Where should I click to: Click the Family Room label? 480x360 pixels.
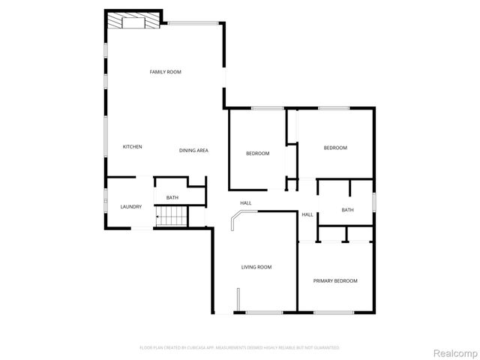(x=165, y=72)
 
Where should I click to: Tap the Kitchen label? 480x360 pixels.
(x=133, y=147)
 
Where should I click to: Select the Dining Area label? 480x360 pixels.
(x=193, y=151)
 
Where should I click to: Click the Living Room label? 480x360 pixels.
(x=256, y=267)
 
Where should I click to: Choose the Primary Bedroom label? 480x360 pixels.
(x=334, y=280)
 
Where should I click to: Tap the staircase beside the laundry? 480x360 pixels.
(x=170, y=218)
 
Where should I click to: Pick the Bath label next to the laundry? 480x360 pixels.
(x=172, y=198)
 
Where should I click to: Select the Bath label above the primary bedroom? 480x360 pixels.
(x=347, y=210)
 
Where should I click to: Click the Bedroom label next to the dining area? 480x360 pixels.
(x=257, y=154)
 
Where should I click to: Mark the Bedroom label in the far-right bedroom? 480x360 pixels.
(x=335, y=148)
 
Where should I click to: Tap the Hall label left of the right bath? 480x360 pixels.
(x=307, y=215)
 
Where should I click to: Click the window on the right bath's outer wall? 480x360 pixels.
(x=373, y=202)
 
